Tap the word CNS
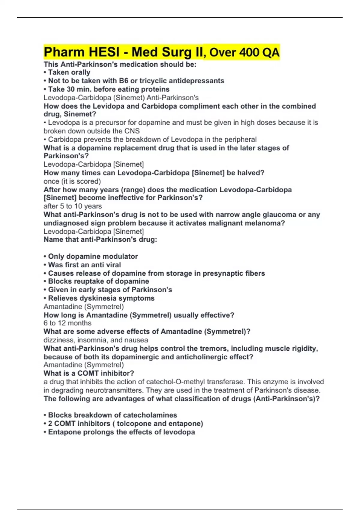[x=132, y=131]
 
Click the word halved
[x=249, y=173]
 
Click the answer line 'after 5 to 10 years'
[x=73, y=206]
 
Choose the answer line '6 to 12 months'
[x=67, y=323]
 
